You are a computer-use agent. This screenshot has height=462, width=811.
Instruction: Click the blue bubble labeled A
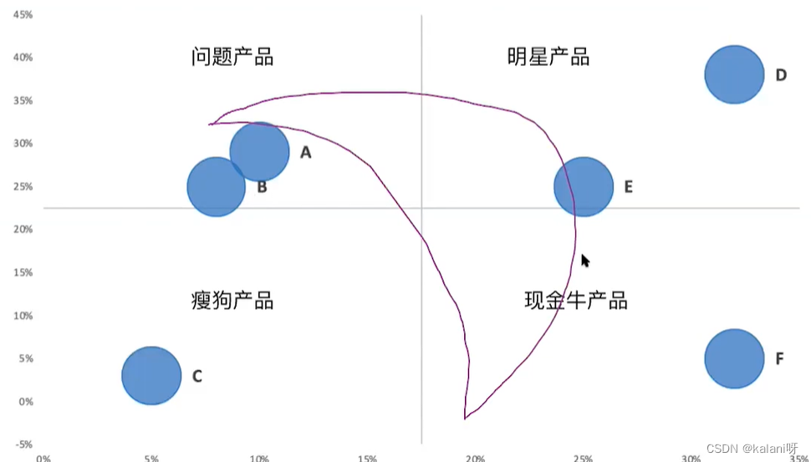pyautogui.click(x=261, y=151)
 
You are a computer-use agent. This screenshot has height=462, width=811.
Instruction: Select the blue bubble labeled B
pyautogui.click(x=216, y=187)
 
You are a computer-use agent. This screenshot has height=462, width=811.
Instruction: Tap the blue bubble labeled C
pyautogui.click(x=151, y=375)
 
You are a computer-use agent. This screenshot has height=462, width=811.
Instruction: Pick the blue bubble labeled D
pyautogui.click(x=734, y=74)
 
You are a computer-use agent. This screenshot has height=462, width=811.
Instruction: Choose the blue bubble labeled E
pyautogui.click(x=584, y=186)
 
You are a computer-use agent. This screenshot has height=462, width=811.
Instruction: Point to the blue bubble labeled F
pyautogui.click(x=734, y=358)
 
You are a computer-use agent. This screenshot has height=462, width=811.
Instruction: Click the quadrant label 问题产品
pyautogui.click(x=232, y=57)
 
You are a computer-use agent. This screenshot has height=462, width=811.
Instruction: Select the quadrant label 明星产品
pyautogui.click(x=548, y=57)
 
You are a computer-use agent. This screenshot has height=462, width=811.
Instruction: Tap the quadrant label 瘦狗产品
pyautogui.click(x=232, y=300)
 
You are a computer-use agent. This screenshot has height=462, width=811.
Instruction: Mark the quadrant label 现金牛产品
pyautogui.click(x=575, y=300)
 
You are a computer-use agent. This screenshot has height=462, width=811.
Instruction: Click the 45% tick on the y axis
pyautogui.click(x=23, y=15)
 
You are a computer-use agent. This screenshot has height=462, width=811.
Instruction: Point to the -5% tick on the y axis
pyautogui.click(x=23, y=444)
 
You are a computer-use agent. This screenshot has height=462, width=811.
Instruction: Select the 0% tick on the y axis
pyautogui.click(x=25, y=401)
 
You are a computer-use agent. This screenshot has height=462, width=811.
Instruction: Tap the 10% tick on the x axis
pyautogui.click(x=259, y=458)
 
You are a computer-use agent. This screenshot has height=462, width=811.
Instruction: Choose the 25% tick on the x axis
pyautogui.click(x=583, y=458)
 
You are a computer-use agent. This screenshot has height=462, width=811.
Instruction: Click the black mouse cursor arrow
pyautogui.click(x=585, y=261)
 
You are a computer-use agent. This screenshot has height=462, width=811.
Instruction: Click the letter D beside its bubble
pyautogui.click(x=781, y=75)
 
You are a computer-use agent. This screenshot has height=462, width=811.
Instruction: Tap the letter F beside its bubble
pyautogui.click(x=779, y=359)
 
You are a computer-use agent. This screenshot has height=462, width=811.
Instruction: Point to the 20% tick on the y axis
pyautogui.click(x=23, y=229)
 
